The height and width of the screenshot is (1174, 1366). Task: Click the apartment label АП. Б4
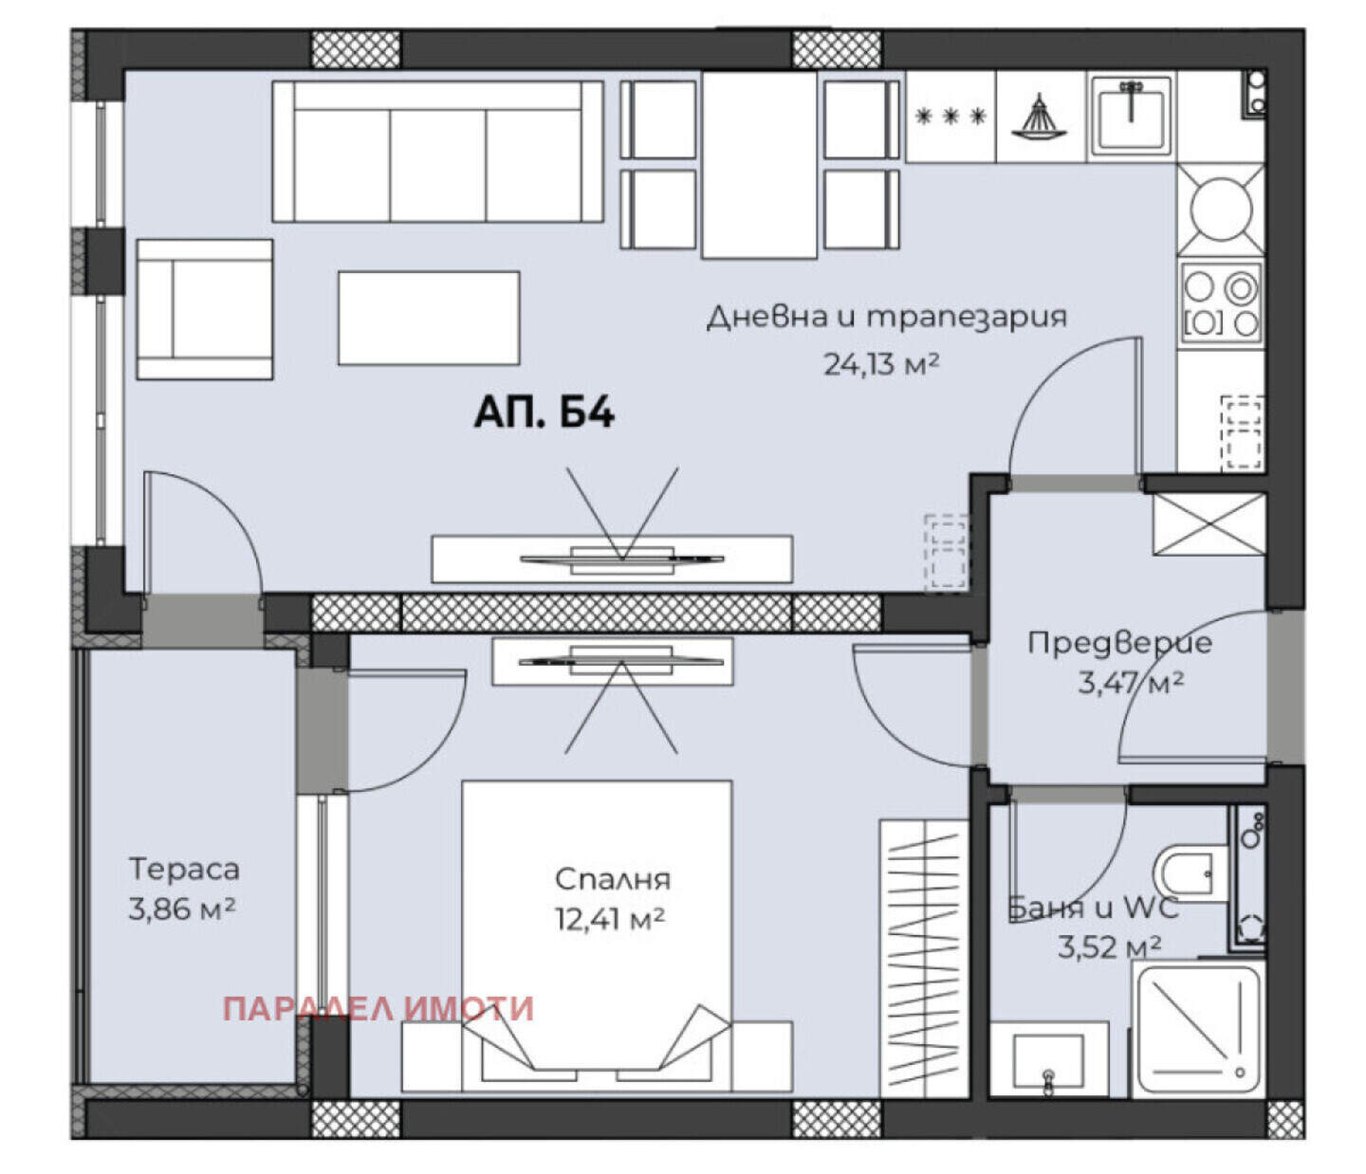(544, 413)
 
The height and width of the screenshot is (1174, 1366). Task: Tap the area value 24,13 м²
(880, 363)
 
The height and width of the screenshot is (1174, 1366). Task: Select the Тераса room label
(184, 869)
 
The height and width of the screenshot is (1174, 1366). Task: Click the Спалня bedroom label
(613, 879)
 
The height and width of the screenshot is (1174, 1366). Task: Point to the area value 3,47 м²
(1131, 683)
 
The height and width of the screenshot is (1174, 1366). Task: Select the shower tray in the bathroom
(1197, 1029)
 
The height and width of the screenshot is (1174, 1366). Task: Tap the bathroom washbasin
(1049, 1060)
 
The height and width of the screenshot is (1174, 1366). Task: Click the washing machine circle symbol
(1221, 209)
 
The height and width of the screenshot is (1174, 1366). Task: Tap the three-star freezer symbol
(950, 117)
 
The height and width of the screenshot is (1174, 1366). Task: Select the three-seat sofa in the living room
(438, 152)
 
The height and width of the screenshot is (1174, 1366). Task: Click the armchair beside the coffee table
(205, 310)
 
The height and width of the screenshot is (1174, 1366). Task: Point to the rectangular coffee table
(429, 318)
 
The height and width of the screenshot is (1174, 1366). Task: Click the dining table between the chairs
(759, 164)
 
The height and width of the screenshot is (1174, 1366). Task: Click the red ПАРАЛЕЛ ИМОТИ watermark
(378, 1009)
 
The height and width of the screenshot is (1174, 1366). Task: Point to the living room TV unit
(612, 559)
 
